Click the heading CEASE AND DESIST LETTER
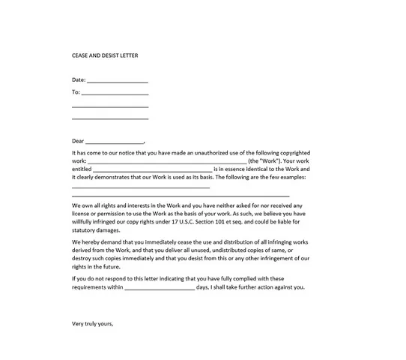[105, 56]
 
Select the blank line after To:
[115, 94]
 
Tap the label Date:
[79, 79]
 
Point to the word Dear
[78, 140]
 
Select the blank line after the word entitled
[153, 170]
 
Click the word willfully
[84, 222]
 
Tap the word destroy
[82, 259]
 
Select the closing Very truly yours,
[92, 324]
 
